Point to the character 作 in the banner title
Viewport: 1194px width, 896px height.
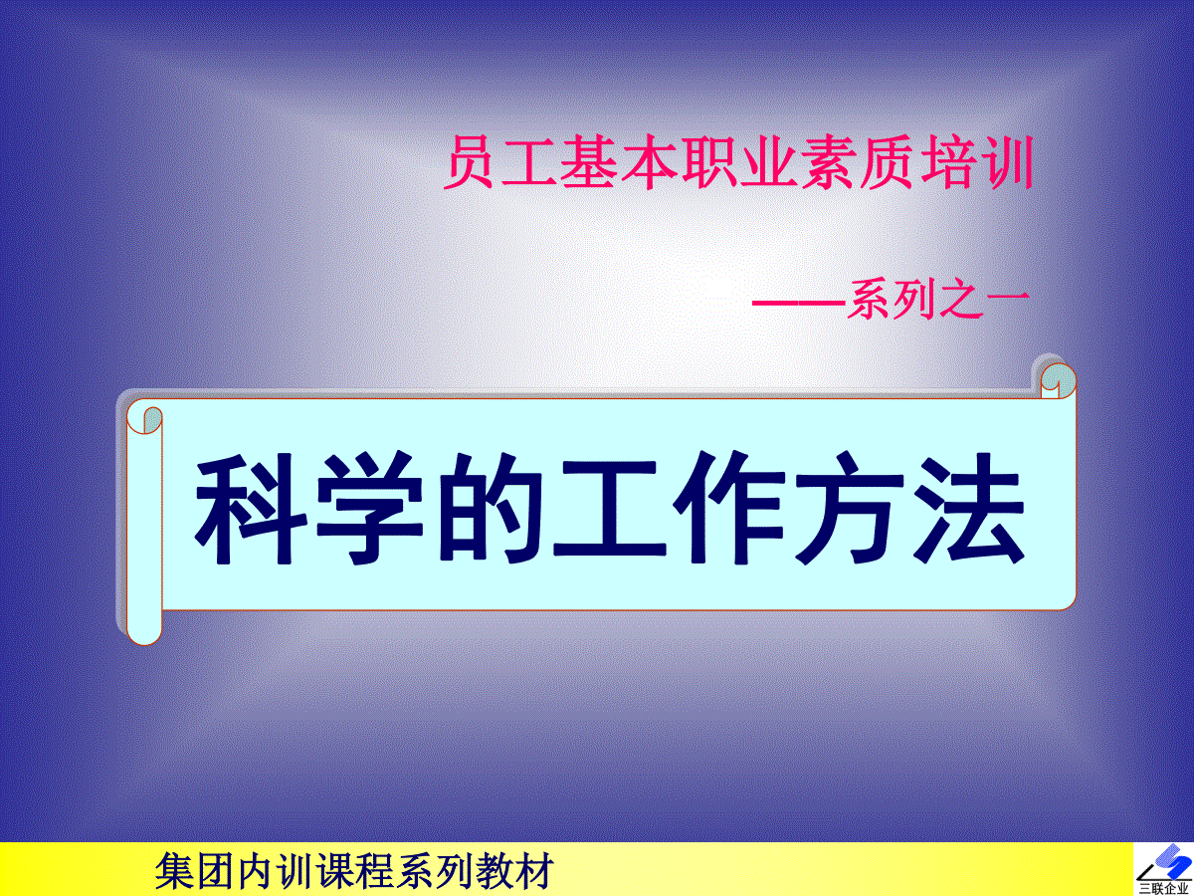pos(729,509)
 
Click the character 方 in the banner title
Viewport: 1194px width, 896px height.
pos(850,509)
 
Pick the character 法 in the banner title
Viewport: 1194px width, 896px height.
pos(968,509)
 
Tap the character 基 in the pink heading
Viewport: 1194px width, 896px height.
pos(587,162)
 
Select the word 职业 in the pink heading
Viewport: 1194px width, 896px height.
pos(736,162)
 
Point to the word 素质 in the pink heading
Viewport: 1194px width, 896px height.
pos(857,162)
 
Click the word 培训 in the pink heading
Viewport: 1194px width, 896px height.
pos(977,162)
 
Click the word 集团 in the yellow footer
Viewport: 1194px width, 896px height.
pos(195,870)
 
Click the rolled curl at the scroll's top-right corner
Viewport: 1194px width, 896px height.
pos(1058,380)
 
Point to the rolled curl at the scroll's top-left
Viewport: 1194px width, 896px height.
pos(144,421)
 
